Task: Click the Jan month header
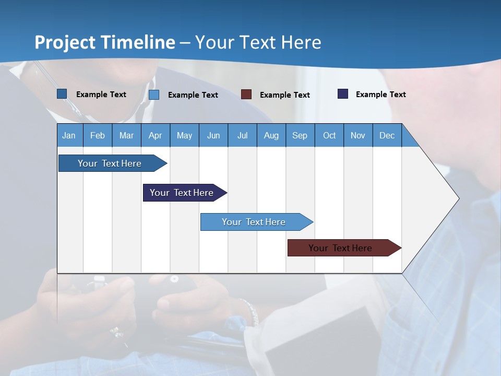click(x=69, y=136)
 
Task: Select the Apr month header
click(x=156, y=136)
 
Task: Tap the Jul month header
click(x=243, y=136)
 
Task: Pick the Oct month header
click(x=329, y=136)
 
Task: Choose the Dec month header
click(x=387, y=136)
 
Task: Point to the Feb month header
click(x=98, y=136)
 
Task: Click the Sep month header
click(x=300, y=136)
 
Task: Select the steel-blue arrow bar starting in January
click(x=113, y=163)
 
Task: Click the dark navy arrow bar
click(x=185, y=193)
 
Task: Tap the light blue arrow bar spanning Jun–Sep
click(x=257, y=222)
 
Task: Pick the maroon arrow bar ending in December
click(x=344, y=248)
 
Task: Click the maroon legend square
click(x=246, y=95)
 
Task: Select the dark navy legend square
click(x=343, y=93)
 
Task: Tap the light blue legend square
click(x=154, y=95)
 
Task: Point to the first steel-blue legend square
click(x=62, y=93)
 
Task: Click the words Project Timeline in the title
click(x=105, y=42)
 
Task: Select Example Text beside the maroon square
click(x=285, y=95)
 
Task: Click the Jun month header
click(x=213, y=136)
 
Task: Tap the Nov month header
click(x=358, y=136)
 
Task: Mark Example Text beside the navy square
click(x=381, y=95)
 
